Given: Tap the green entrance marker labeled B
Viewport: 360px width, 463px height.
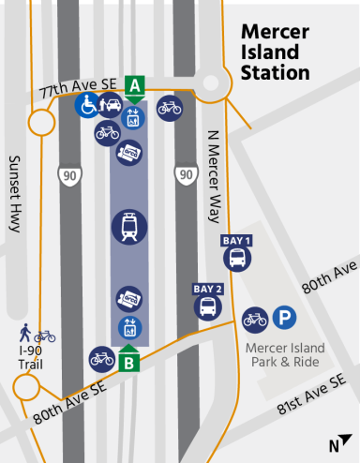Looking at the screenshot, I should pyautogui.click(x=131, y=359).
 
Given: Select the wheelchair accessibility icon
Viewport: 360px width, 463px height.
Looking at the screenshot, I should pyautogui.click(x=87, y=105).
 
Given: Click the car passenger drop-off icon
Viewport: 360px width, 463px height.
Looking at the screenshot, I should pyautogui.click(x=110, y=105).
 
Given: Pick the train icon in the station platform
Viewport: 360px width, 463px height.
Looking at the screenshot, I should pyautogui.click(x=129, y=227).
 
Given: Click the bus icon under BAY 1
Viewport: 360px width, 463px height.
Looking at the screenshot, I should pyautogui.click(x=237, y=257).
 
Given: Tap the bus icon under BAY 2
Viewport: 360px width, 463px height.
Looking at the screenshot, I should pyautogui.click(x=208, y=305).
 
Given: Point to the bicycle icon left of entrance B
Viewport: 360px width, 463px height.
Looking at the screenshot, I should pyautogui.click(x=101, y=357).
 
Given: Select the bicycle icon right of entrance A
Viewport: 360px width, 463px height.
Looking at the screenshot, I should pyautogui.click(x=170, y=107).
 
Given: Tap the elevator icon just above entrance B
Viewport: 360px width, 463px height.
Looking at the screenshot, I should pyautogui.click(x=128, y=328).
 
